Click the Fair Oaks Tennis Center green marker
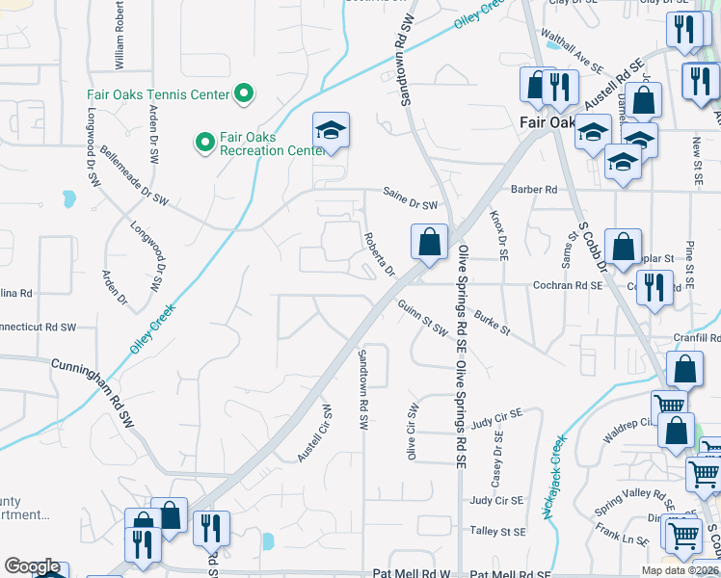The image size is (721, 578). pos(244,93)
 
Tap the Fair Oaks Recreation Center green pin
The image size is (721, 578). pos(204,143)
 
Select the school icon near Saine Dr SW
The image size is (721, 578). pos(331,132)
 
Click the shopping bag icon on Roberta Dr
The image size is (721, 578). pos(429,243)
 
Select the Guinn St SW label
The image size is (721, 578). pos(424,318)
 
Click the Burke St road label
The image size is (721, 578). pos(491,325)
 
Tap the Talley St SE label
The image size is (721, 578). pos(497,531)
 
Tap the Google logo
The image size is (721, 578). pos(32,567)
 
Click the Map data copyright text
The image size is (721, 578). pos(680,570)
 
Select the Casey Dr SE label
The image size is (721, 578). pos(498,458)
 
